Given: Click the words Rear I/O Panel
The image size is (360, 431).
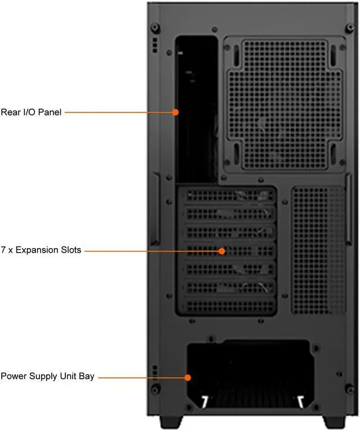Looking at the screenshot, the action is point(31,112).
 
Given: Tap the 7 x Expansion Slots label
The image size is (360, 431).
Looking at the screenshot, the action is point(41,250).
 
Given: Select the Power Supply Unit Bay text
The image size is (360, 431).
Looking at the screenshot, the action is point(48,376).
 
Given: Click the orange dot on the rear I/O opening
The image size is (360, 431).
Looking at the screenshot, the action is point(175,112).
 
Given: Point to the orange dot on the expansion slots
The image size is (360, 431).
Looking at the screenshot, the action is point(222,251).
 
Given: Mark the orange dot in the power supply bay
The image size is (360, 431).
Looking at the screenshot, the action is point(188,378).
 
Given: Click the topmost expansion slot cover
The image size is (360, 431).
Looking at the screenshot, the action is point(230,196).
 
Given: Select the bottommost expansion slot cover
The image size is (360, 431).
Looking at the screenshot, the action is point(230,306).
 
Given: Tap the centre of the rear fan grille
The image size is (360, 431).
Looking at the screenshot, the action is point(285,105).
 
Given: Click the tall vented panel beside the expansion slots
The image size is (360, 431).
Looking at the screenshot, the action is point(318,250).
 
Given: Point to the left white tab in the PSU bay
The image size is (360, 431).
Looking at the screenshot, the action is point(205,402).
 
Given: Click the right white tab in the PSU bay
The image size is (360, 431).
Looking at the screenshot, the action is point(301,402).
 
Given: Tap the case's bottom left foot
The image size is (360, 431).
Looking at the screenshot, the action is point(171,422).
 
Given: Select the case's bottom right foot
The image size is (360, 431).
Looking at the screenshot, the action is point(335,422).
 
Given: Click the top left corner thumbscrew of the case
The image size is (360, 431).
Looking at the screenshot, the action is point(155,28).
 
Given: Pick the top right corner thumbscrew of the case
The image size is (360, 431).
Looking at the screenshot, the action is point(350,28).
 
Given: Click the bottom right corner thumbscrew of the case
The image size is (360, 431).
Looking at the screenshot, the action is point(350,389).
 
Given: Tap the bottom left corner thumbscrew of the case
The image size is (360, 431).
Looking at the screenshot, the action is point(155,389).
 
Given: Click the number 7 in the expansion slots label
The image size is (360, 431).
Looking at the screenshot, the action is point(3,250).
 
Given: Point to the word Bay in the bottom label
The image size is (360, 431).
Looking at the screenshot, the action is point(87,376).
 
